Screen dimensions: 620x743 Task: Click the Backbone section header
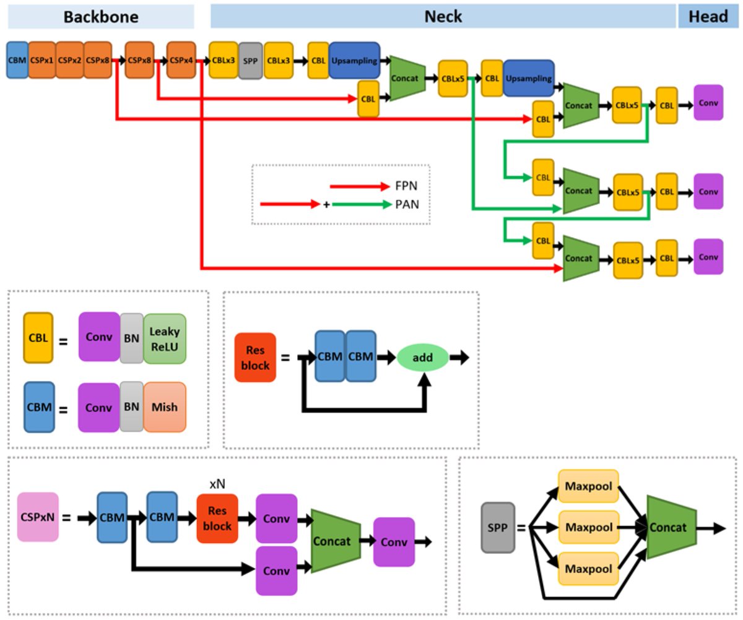pyautogui.click(x=100, y=17)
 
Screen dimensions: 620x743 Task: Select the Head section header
pyautogui.click(x=708, y=17)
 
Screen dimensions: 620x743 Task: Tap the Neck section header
pyautogui.click(x=443, y=17)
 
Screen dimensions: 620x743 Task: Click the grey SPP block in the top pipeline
pyautogui.click(x=251, y=60)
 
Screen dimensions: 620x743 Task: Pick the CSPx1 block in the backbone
pyautogui.click(x=42, y=60)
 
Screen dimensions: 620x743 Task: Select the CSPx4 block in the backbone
pyautogui.click(x=181, y=60)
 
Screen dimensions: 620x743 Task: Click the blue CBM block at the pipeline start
pyautogui.click(x=17, y=60)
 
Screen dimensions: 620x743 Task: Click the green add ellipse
pyautogui.click(x=422, y=357)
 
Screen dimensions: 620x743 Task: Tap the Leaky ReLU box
pyautogui.click(x=165, y=338)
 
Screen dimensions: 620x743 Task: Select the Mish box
pyautogui.click(x=164, y=407)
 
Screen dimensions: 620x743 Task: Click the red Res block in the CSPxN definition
pyautogui.click(x=217, y=519)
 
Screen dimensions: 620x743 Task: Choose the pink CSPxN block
pyautogui.click(x=38, y=517)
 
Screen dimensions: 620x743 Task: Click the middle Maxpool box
pyautogui.click(x=588, y=528)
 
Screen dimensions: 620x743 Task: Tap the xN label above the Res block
pyautogui.click(x=217, y=484)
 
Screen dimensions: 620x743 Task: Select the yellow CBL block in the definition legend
pyautogui.click(x=37, y=338)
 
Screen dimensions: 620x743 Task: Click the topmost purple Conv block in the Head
pyautogui.click(x=708, y=103)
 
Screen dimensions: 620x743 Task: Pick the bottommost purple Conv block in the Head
pyautogui.click(x=708, y=257)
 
